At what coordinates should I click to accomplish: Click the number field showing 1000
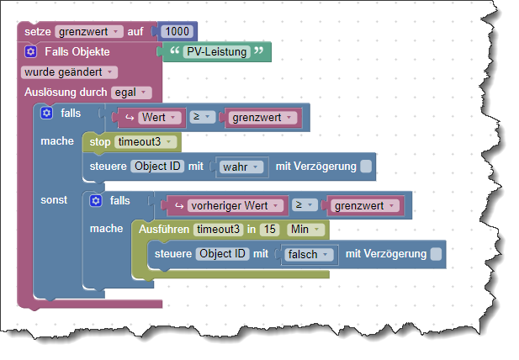(177, 31)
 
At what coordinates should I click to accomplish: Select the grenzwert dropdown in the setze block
(89, 31)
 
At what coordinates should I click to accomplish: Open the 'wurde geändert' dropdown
(69, 71)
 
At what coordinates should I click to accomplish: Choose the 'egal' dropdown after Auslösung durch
(131, 92)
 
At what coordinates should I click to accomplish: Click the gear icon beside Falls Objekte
(30, 51)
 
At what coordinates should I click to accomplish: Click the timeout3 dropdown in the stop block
(146, 141)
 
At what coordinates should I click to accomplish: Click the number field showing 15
(269, 229)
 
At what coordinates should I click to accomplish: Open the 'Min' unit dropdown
(304, 229)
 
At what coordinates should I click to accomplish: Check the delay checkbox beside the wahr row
(365, 167)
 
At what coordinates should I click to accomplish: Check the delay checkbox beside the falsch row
(435, 253)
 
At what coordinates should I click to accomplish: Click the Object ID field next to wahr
(157, 167)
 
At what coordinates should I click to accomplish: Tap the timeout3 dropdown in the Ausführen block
(224, 229)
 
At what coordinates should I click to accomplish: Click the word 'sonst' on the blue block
(55, 199)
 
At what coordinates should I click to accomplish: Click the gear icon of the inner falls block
(97, 200)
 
